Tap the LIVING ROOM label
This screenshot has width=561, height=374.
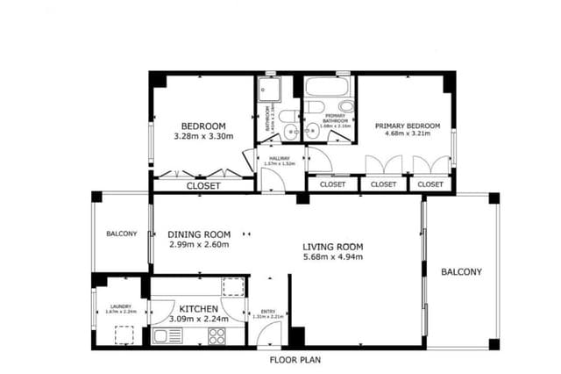click(332, 247)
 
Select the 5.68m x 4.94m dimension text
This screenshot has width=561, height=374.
click(332, 257)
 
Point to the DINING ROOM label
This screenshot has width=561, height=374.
click(199, 234)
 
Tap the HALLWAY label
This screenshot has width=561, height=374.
click(280, 158)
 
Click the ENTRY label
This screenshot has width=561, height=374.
click(268, 312)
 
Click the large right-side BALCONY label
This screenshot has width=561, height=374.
click(461, 272)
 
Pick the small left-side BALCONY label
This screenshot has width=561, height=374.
click(122, 234)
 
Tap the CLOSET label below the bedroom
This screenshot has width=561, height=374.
click(202, 186)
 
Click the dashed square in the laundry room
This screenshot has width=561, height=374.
click(124, 334)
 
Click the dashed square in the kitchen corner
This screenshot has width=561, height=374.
click(233, 287)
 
